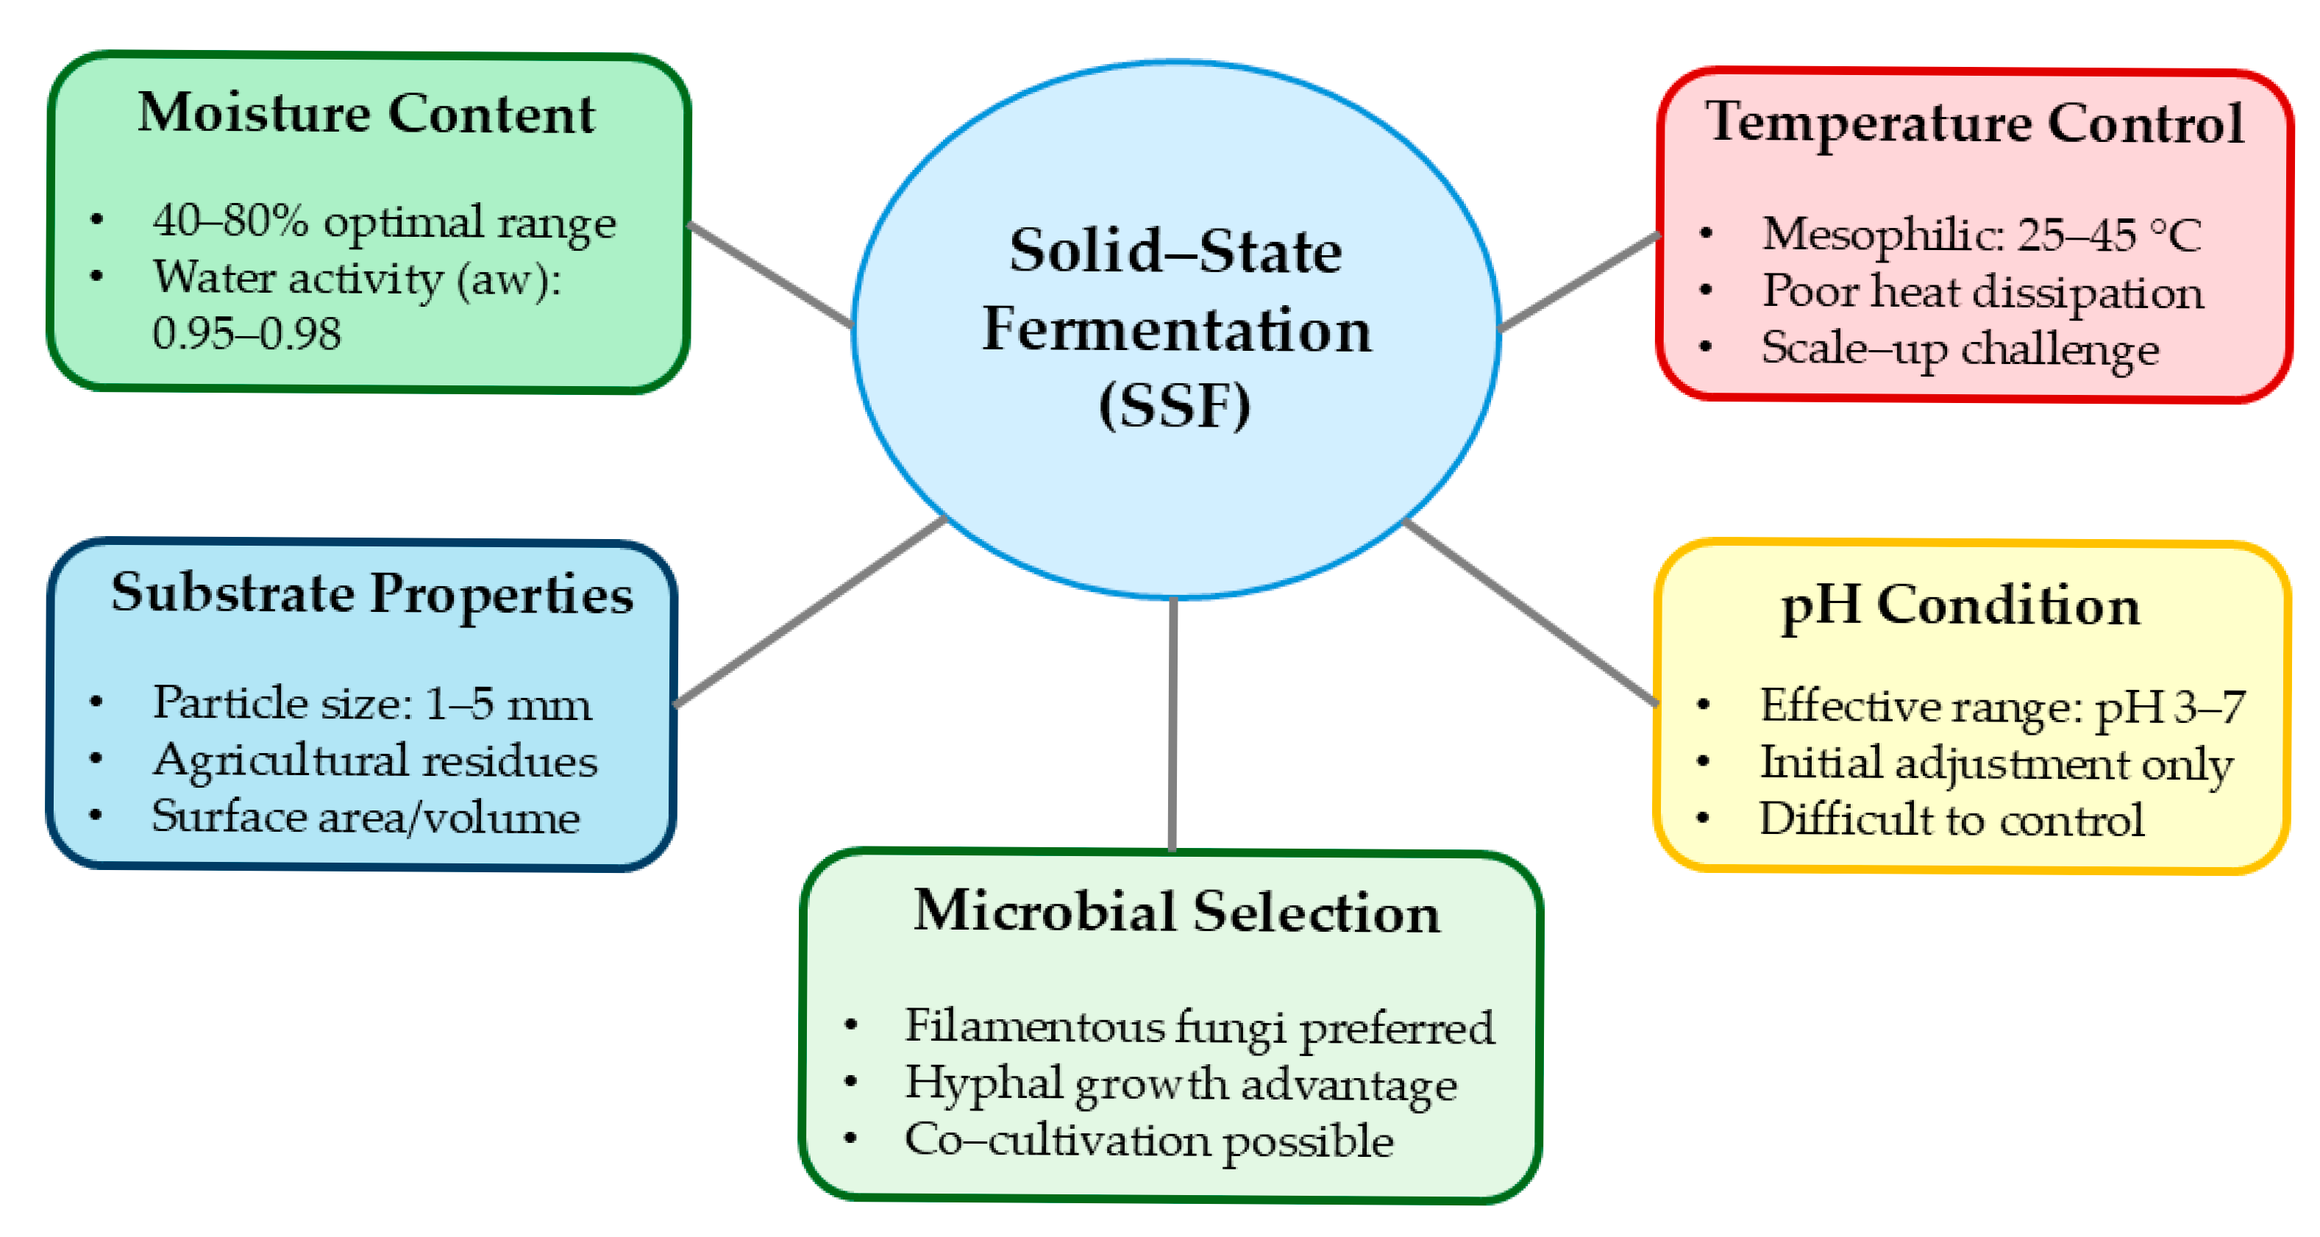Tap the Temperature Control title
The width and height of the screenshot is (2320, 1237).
[1975, 124]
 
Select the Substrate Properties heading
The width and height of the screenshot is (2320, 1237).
[372, 594]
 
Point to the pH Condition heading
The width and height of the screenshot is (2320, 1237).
[1960, 606]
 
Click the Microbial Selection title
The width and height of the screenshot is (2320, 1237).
[1177, 912]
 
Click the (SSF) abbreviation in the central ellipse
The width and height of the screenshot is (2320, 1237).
[1175, 406]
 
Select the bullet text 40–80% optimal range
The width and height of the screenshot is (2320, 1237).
[385, 222]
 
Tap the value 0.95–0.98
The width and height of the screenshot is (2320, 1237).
[246, 334]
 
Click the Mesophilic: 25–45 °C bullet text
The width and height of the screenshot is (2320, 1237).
[1982, 236]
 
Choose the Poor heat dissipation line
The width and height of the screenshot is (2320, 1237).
[1983, 292]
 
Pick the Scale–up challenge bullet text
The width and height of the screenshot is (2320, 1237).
[1960, 349]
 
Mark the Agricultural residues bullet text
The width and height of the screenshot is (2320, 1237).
[374, 762]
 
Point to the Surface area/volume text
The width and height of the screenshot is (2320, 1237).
[366, 818]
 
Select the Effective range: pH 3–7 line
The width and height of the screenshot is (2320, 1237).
[2003, 707]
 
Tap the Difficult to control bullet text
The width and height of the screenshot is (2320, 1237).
[1951, 819]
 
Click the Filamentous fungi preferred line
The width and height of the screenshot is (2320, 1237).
[1200, 1028]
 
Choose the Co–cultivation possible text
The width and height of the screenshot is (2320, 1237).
[1149, 1141]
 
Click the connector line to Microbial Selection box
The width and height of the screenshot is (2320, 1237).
[1173, 724]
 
